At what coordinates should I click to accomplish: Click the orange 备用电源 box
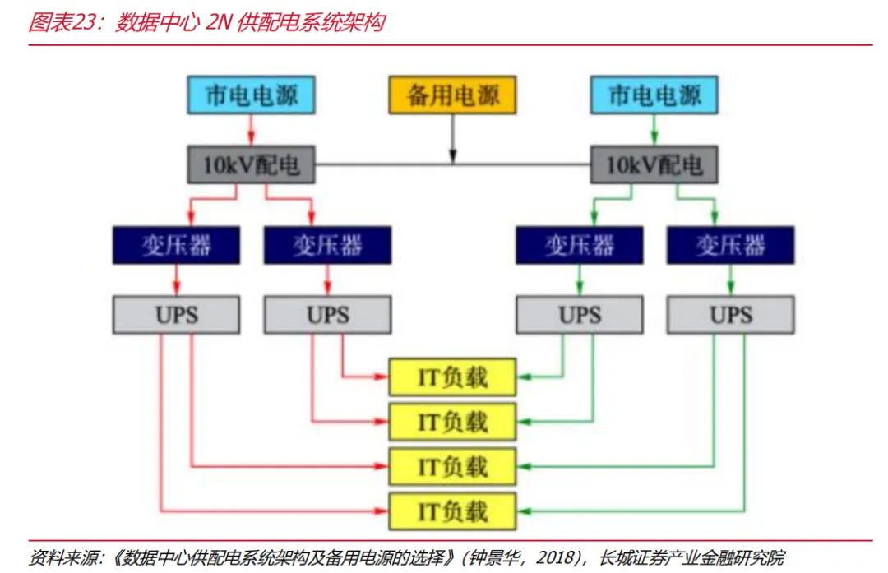click(x=452, y=95)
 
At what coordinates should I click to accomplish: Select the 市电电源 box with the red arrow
click(x=251, y=95)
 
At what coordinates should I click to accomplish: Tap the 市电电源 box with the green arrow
click(x=654, y=95)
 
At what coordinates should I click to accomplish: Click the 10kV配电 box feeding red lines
click(x=251, y=165)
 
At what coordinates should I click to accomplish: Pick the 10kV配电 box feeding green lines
click(x=654, y=165)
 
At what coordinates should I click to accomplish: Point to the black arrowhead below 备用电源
click(x=452, y=157)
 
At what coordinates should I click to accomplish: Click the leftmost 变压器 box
click(x=177, y=245)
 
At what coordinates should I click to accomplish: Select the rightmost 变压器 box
click(x=730, y=245)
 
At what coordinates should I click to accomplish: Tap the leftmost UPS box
click(x=177, y=315)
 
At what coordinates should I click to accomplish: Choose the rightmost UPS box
click(x=730, y=315)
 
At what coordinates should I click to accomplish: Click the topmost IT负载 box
click(x=452, y=377)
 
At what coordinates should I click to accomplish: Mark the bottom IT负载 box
click(x=452, y=511)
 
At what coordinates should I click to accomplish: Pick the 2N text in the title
click(x=215, y=22)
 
